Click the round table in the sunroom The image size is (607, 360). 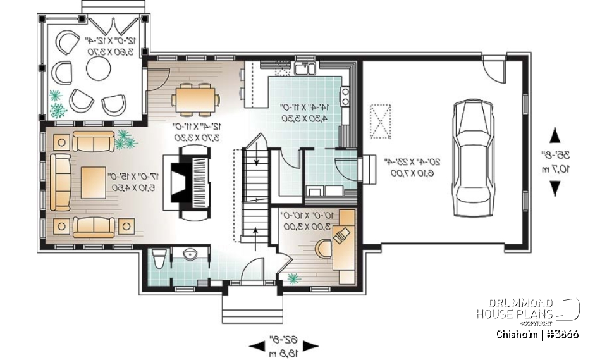tap(99, 69)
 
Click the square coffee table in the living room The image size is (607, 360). tap(93, 180)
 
